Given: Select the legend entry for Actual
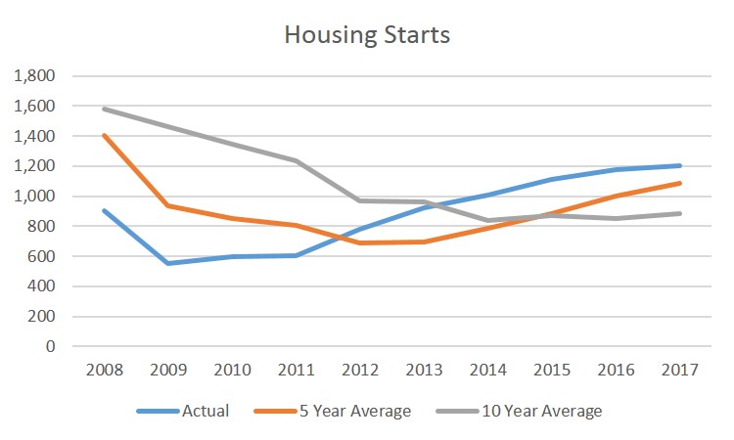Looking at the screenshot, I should pos(206,411).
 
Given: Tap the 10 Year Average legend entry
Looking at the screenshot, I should pos(541,411).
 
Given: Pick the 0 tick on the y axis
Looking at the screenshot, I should pos(50,347).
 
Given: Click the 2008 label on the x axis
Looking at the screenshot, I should pos(105,370).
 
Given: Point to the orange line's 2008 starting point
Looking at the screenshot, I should pos(105,135).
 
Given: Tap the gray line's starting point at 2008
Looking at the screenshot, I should pos(105,109).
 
